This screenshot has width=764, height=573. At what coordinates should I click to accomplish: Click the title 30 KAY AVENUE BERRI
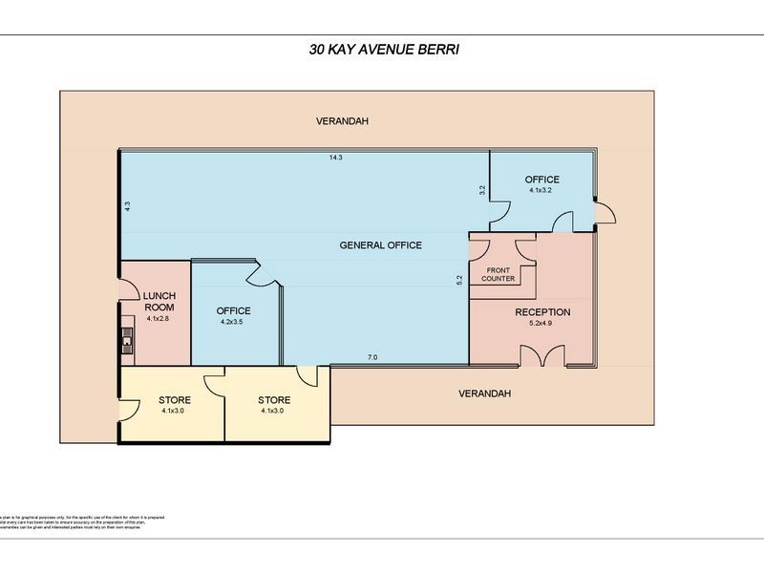click(381, 51)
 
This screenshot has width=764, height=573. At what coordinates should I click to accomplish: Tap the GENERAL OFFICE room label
click(380, 245)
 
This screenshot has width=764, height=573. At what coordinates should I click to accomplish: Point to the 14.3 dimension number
click(335, 158)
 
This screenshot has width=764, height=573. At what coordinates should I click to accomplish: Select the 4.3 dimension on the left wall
click(126, 205)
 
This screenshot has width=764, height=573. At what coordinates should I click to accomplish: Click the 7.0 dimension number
click(372, 358)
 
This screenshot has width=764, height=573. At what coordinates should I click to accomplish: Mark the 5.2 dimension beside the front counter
click(459, 280)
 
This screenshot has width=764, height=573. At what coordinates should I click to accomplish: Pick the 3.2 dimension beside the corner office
click(481, 190)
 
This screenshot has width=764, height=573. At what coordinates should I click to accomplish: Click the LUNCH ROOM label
click(158, 302)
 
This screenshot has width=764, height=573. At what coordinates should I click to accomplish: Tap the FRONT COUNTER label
click(498, 274)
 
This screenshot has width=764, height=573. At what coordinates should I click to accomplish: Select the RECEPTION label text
click(541, 312)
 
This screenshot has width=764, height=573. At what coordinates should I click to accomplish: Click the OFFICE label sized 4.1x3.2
click(541, 180)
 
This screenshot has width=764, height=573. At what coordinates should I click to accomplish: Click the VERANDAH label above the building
click(343, 122)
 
